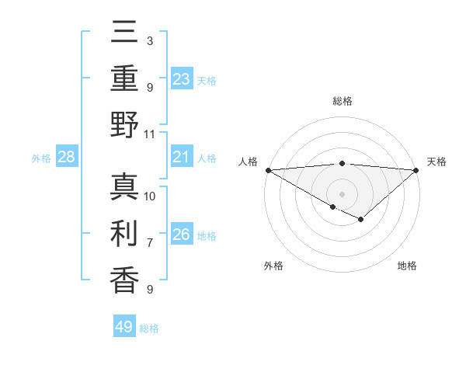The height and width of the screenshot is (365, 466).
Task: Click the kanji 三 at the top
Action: point(124,35)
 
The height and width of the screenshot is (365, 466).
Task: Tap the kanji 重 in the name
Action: point(124,79)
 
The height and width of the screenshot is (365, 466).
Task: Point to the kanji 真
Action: point(124,189)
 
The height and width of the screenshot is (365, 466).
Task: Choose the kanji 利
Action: point(124,234)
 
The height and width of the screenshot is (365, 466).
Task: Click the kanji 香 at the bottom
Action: point(124,279)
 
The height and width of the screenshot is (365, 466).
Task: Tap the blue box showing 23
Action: point(182,79)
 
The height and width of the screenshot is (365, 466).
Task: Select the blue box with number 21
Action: point(182,158)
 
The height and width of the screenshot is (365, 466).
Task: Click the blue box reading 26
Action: point(182,235)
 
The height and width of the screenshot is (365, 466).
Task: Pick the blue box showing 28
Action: point(67,158)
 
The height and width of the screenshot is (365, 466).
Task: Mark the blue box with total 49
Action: point(124,327)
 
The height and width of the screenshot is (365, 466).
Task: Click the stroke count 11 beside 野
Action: point(151,134)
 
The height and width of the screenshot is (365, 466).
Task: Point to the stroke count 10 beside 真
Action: point(151,196)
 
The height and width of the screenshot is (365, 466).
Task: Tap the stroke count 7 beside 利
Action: point(150,243)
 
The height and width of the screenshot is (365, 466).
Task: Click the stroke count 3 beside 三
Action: point(150,41)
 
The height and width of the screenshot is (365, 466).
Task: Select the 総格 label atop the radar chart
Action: point(343,101)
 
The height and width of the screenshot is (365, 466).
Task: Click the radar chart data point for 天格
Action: point(417,170)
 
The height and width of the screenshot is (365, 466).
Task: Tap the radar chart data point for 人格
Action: point(268,170)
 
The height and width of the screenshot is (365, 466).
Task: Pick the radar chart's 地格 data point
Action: point(361,220)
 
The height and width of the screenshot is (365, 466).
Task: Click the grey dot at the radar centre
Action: point(343,193)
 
